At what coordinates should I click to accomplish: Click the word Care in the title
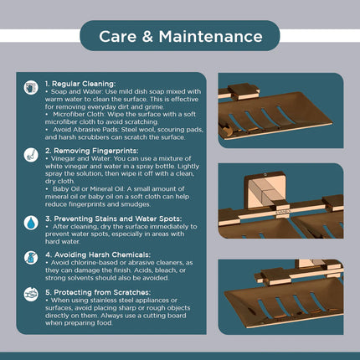[x=117, y=37]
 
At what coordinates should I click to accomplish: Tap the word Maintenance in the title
[x=211, y=37]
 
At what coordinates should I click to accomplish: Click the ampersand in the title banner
[x=147, y=37]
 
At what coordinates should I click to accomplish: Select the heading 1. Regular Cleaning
[x=80, y=84]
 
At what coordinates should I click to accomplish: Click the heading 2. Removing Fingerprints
[x=92, y=151]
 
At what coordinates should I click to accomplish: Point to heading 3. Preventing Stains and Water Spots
[x=114, y=219]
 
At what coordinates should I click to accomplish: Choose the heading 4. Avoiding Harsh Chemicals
[x=98, y=255]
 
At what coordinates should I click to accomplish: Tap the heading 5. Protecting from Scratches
[x=98, y=292]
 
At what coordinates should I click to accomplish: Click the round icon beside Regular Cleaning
[x=31, y=88]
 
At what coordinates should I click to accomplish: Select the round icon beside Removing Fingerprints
[x=31, y=155]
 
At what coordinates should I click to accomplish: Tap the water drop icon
[x=31, y=223]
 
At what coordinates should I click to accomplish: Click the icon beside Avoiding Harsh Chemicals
[x=31, y=258]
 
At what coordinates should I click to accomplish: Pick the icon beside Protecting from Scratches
[x=31, y=294]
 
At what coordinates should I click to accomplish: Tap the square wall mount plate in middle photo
[x=265, y=190]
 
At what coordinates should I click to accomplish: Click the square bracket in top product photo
[x=244, y=91]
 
